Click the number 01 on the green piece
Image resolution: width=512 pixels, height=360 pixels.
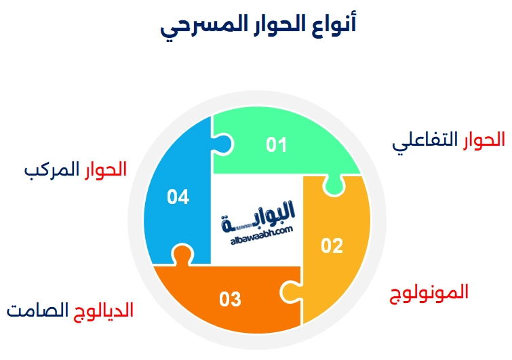click(276, 144)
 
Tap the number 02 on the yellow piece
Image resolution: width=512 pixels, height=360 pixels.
click(332, 246)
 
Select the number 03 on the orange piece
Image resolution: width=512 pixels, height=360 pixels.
click(231, 299)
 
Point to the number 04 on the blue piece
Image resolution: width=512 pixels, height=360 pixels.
click(178, 197)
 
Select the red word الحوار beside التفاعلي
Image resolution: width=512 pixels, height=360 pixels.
click(483, 140)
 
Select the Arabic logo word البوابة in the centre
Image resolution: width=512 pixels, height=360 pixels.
click(261, 214)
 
